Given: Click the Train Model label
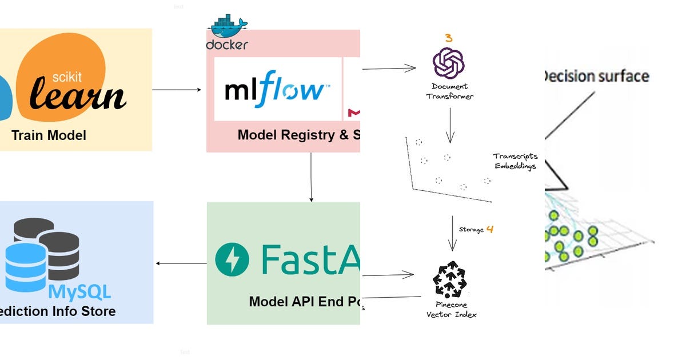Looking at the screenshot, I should tap(49, 135).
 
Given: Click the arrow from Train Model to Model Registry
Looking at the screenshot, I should tap(177, 90).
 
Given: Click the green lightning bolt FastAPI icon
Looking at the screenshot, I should tap(232, 259).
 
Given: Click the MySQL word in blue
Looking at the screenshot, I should tap(80, 292).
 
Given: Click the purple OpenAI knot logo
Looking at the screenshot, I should tap(449, 62).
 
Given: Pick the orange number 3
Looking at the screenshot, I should tap(449, 38).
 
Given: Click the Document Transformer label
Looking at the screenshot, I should tap(449, 91).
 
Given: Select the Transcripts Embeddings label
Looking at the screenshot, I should tap(516, 161).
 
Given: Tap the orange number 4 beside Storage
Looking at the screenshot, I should tap(489, 230).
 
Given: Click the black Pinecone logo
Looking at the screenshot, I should tap(452, 281).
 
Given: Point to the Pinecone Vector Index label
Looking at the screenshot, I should tap(452, 310).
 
